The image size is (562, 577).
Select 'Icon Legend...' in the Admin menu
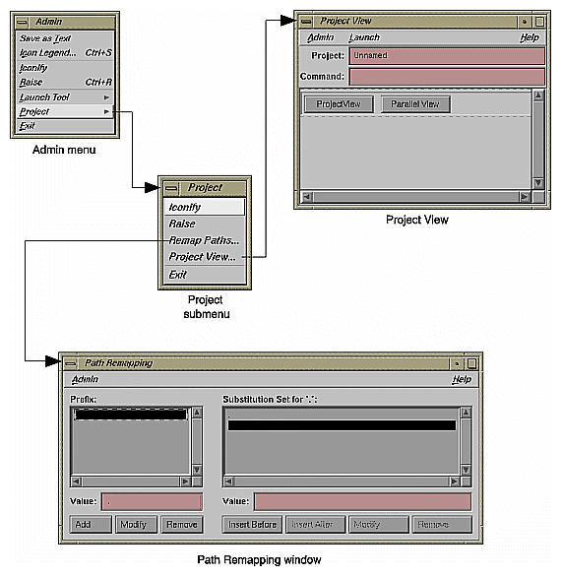point(47,52)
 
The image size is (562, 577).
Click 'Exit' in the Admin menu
point(28,126)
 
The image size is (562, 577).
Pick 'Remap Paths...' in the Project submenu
point(203,240)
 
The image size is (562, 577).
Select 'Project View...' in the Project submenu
point(202,257)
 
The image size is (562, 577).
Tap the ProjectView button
point(339,104)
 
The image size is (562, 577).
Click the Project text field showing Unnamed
point(447,56)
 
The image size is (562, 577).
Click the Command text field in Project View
point(447,76)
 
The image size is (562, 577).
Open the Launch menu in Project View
point(364,37)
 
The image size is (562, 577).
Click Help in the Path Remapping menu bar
point(461,379)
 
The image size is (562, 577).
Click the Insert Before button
point(253,525)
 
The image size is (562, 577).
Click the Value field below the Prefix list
point(151,502)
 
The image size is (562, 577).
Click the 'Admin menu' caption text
point(62,150)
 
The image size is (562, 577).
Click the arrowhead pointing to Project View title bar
point(288,19)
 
